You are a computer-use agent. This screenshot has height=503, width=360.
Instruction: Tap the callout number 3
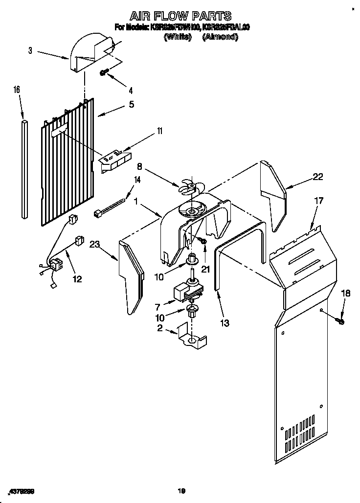tap(30, 50)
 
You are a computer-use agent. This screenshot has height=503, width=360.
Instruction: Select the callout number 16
tap(17, 90)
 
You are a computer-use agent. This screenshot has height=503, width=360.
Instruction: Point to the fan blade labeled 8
tap(188, 187)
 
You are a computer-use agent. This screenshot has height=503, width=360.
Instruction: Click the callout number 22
tap(318, 177)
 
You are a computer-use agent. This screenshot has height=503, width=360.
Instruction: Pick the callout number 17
tap(318, 200)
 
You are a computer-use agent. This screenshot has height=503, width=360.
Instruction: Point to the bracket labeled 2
tap(191, 338)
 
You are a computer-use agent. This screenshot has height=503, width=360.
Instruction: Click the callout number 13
tap(225, 323)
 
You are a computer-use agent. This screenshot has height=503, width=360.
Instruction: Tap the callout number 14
tap(137, 180)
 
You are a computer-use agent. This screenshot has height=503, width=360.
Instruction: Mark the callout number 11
tap(159, 131)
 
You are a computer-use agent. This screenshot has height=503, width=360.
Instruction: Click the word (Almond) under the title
tap(220, 37)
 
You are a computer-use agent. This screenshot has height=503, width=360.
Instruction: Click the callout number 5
tap(131, 104)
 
